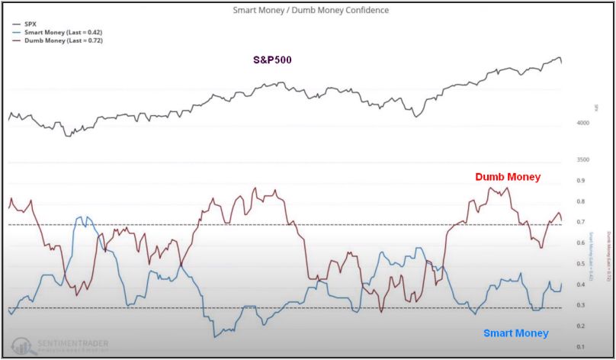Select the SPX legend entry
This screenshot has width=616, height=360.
click(31, 24)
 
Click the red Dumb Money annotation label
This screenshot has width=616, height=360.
click(507, 177)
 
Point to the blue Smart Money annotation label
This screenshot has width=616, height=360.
click(515, 333)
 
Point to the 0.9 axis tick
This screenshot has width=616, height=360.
click(579, 181)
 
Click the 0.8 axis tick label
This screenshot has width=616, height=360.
click(579, 202)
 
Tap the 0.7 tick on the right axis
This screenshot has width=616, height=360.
click(579, 223)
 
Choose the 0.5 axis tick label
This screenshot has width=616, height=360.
click(579, 264)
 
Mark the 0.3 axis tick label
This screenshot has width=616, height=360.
click(579, 306)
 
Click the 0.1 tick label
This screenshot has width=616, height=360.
click(579, 347)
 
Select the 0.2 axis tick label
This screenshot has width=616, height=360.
click(579, 326)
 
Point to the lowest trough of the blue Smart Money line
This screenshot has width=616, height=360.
click(215, 336)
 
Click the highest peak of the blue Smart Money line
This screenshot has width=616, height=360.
click(85, 217)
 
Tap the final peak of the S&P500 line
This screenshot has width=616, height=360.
click(559, 58)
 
